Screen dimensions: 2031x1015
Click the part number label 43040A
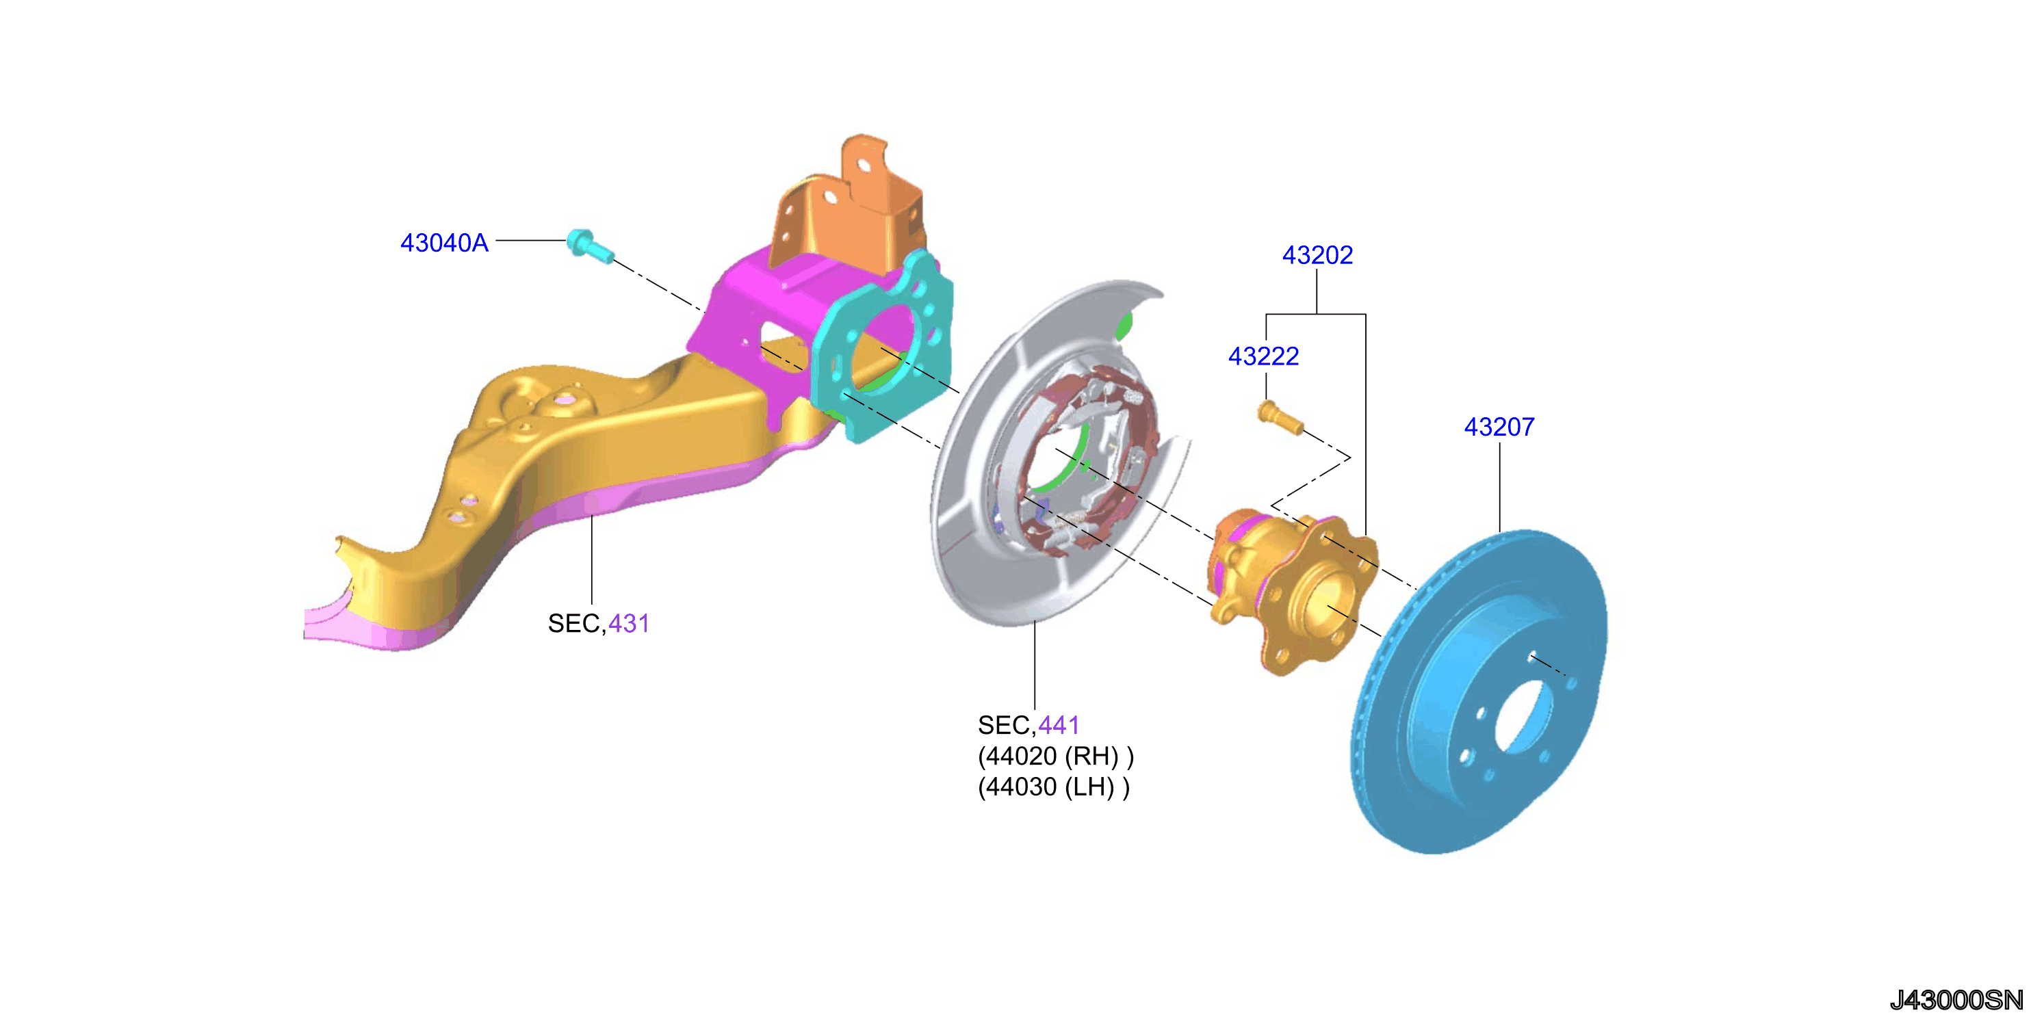pos(444,242)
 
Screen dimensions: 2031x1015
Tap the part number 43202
pos(1317,254)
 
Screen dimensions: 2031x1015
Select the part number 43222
pos(1263,356)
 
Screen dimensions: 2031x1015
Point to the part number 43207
pos(1499,426)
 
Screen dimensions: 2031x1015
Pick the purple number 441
pos(1058,725)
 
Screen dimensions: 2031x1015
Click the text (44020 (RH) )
pos(1055,756)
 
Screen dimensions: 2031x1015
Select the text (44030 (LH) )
pos(1053,787)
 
